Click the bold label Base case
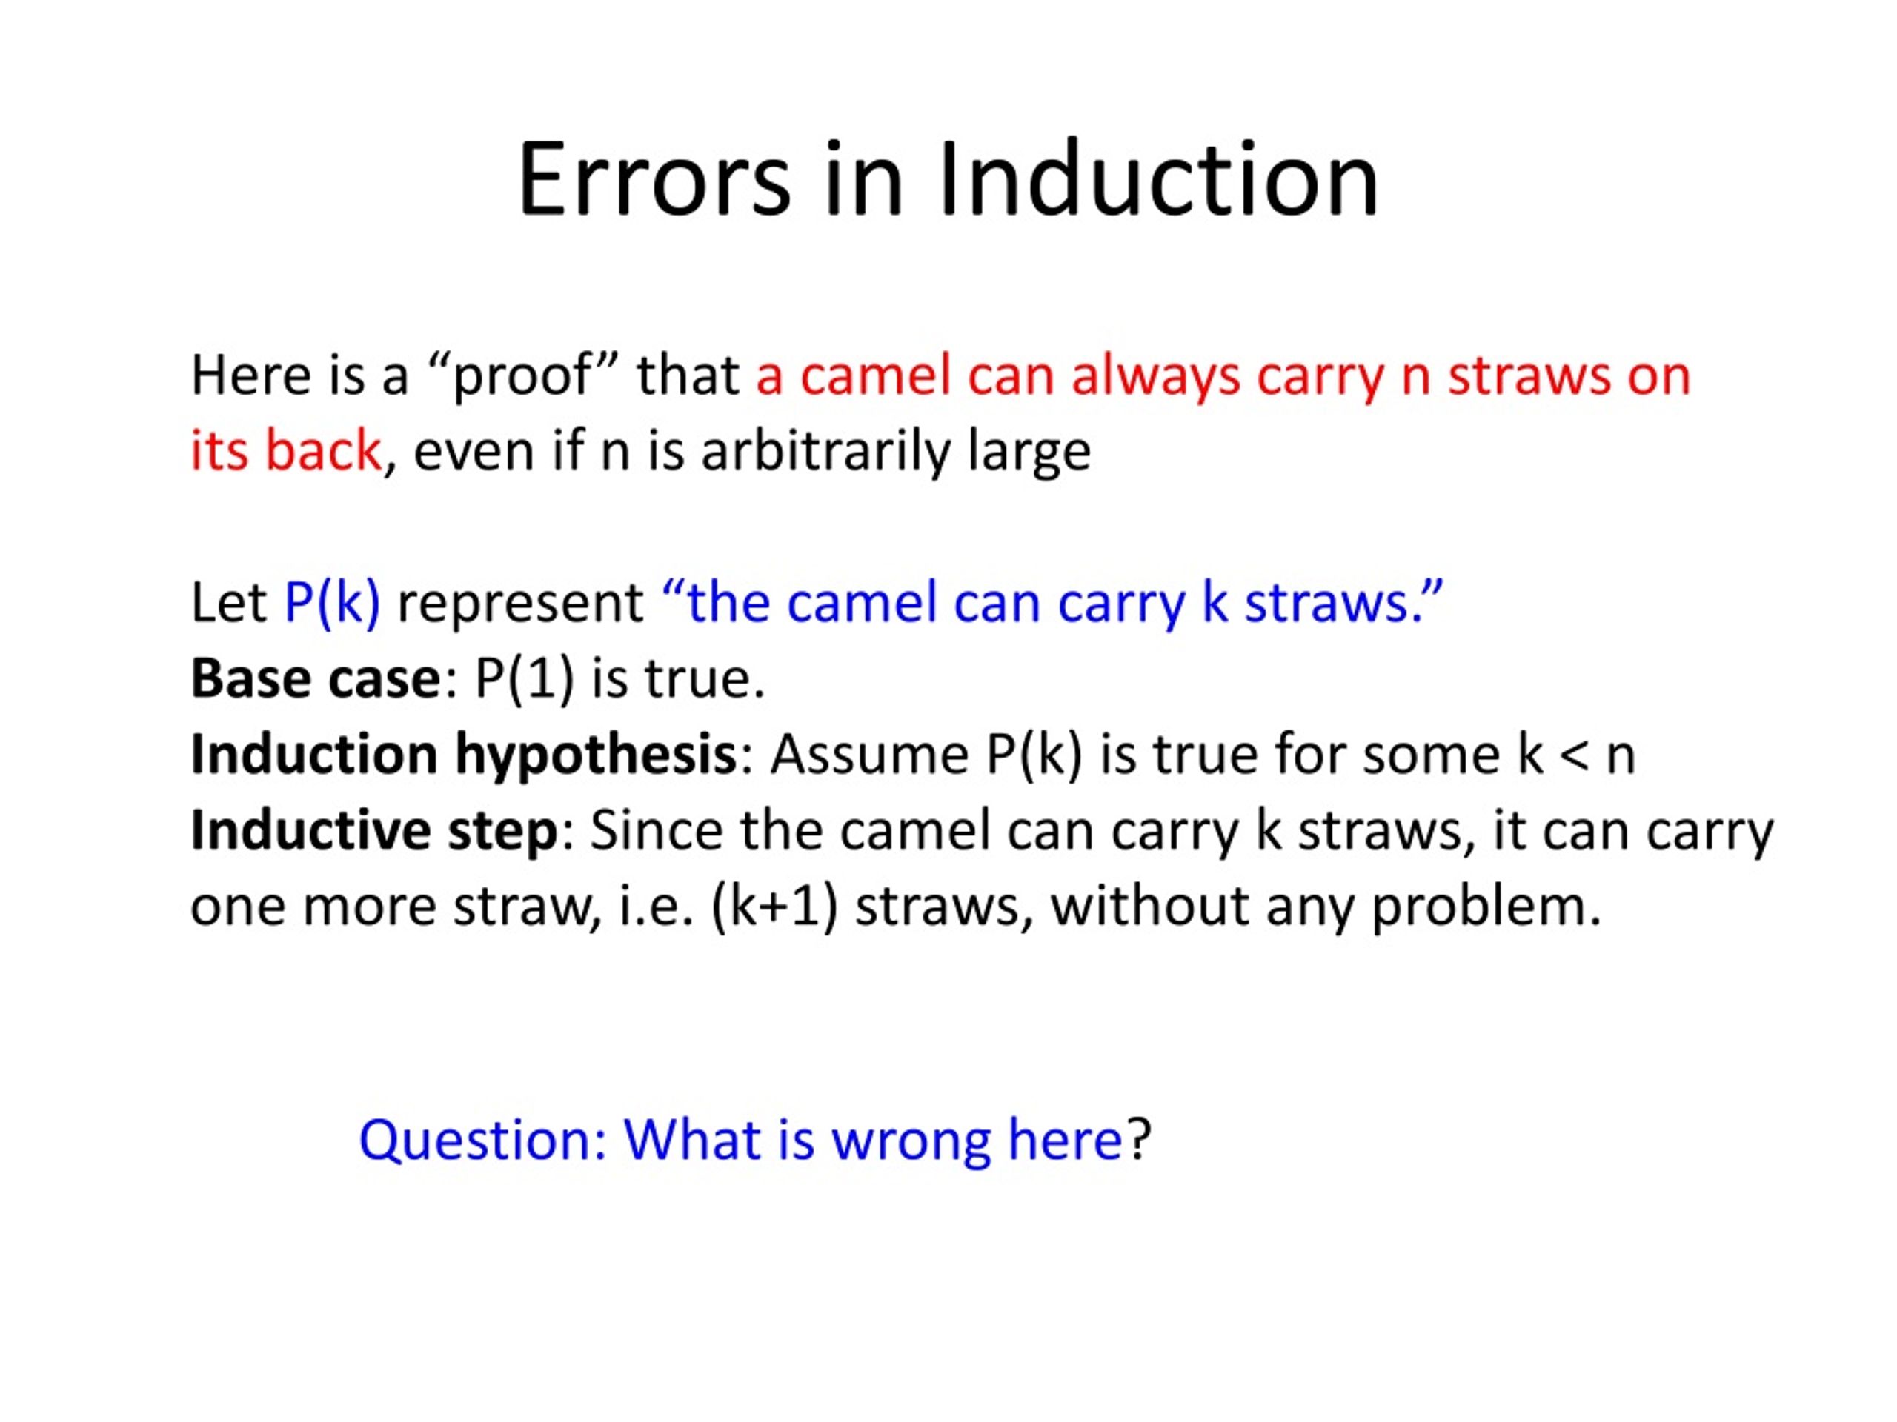pyautogui.click(x=315, y=679)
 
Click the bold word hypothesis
pyautogui.click(x=595, y=755)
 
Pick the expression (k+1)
pyautogui.click(x=774, y=906)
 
